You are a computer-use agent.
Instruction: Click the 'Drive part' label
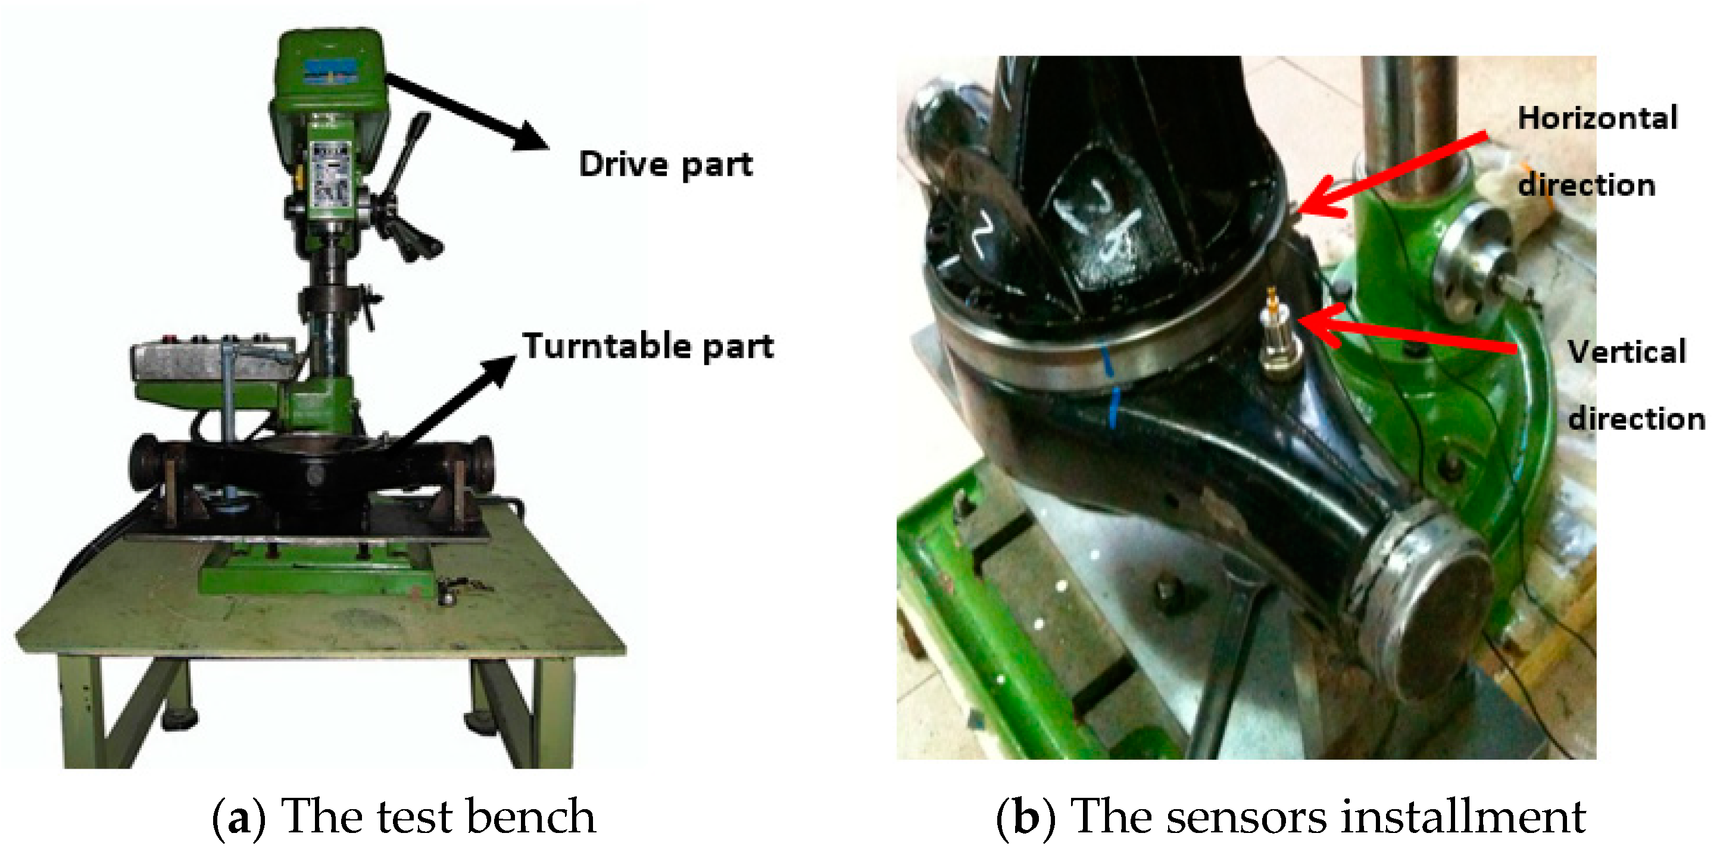click(x=665, y=164)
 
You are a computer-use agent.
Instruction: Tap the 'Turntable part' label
click(x=648, y=346)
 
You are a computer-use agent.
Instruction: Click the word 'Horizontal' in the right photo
click(x=1597, y=118)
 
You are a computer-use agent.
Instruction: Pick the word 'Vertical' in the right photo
click(x=1627, y=352)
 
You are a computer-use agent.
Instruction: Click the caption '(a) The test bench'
click(x=404, y=816)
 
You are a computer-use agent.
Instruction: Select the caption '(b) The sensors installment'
click(x=1290, y=816)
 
